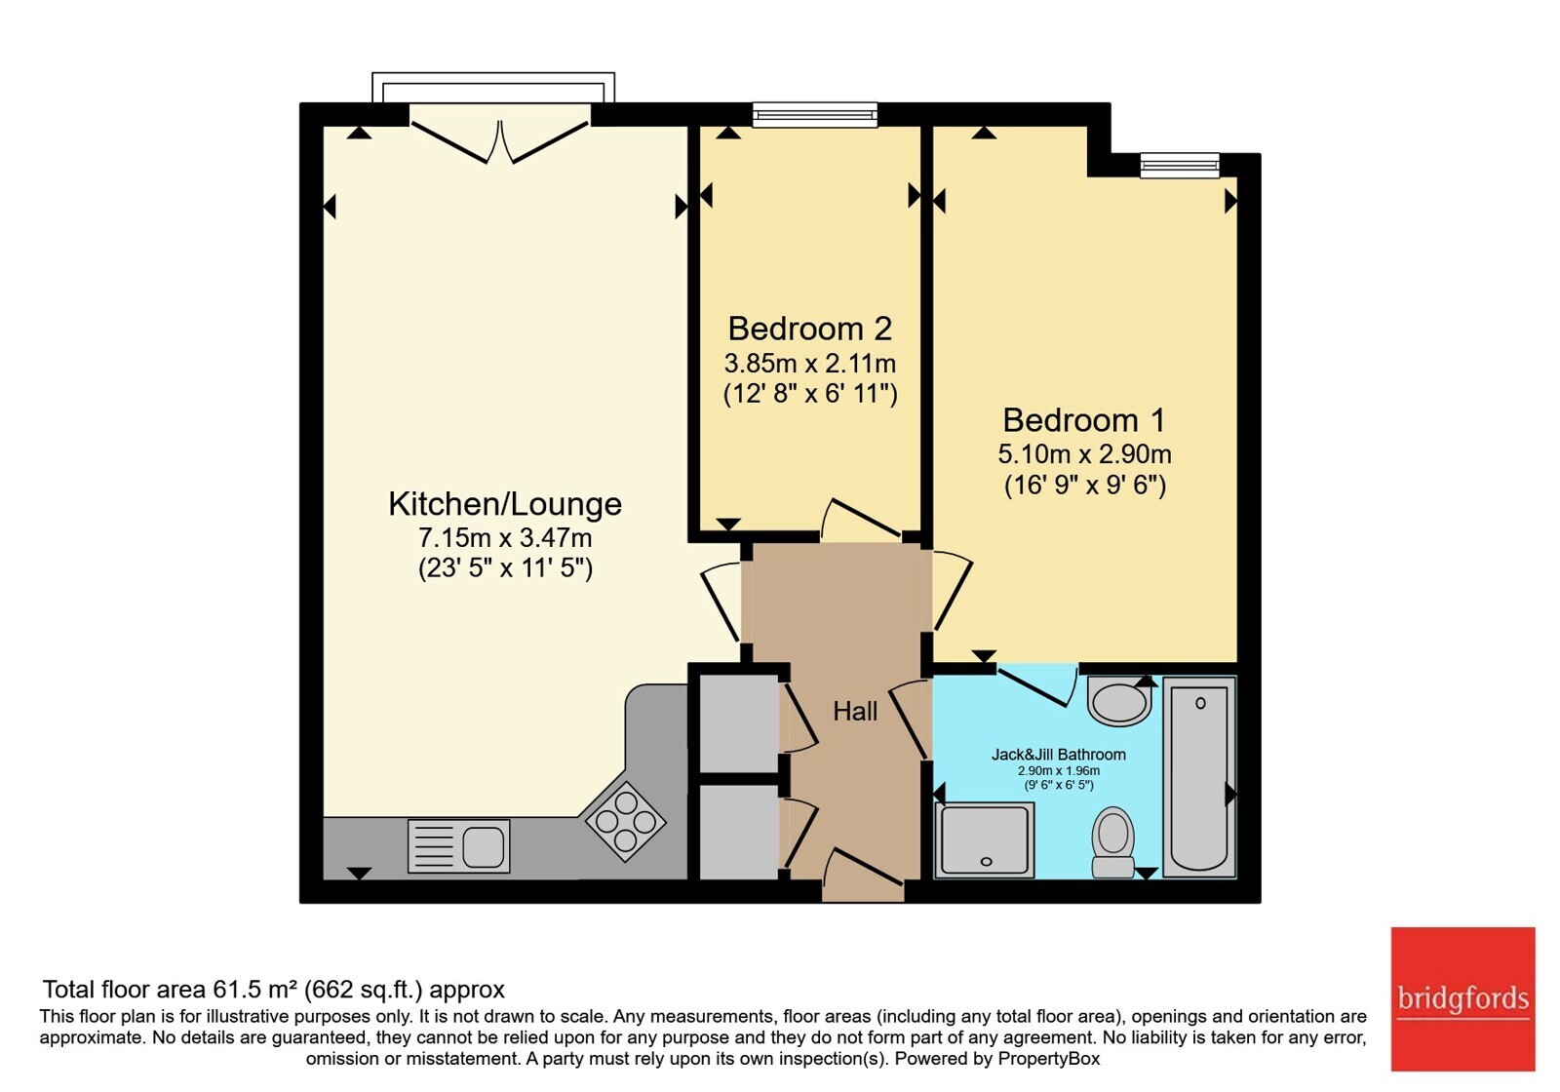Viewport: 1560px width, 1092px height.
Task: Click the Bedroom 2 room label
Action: [x=810, y=329]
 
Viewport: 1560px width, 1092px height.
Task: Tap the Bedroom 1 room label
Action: [x=1084, y=420]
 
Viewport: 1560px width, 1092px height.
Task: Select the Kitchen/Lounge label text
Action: [x=505, y=504]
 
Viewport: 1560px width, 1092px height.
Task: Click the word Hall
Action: [x=855, y=711]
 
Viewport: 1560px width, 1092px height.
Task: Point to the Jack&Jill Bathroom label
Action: [x=1059, y=755]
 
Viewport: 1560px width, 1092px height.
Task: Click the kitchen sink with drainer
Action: [x=458, y=846]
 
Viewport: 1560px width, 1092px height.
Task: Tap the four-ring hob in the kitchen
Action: [x=625, y=822]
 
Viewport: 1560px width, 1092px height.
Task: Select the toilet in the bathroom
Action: [x=1113, y=842]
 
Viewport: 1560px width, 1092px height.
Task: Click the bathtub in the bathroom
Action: [x=1199, y=776]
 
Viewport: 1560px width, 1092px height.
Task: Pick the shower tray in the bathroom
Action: [x=985, y=839]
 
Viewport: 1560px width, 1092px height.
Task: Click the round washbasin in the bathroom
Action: [x=1118, y=701]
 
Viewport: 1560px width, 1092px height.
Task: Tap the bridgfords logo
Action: [x=1463, y=998]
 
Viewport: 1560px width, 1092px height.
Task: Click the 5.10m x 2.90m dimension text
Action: [x=1084, y=454]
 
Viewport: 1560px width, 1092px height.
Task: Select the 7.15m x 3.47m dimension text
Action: [x=505, y=537]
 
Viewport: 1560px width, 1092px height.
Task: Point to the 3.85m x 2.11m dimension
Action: [x=810, y=364]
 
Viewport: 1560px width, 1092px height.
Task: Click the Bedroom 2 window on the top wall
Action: [x=815, y=115]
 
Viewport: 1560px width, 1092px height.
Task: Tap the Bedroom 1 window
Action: [x=1180, y=165]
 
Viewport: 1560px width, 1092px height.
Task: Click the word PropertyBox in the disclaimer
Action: [x=1049, y=1059]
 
